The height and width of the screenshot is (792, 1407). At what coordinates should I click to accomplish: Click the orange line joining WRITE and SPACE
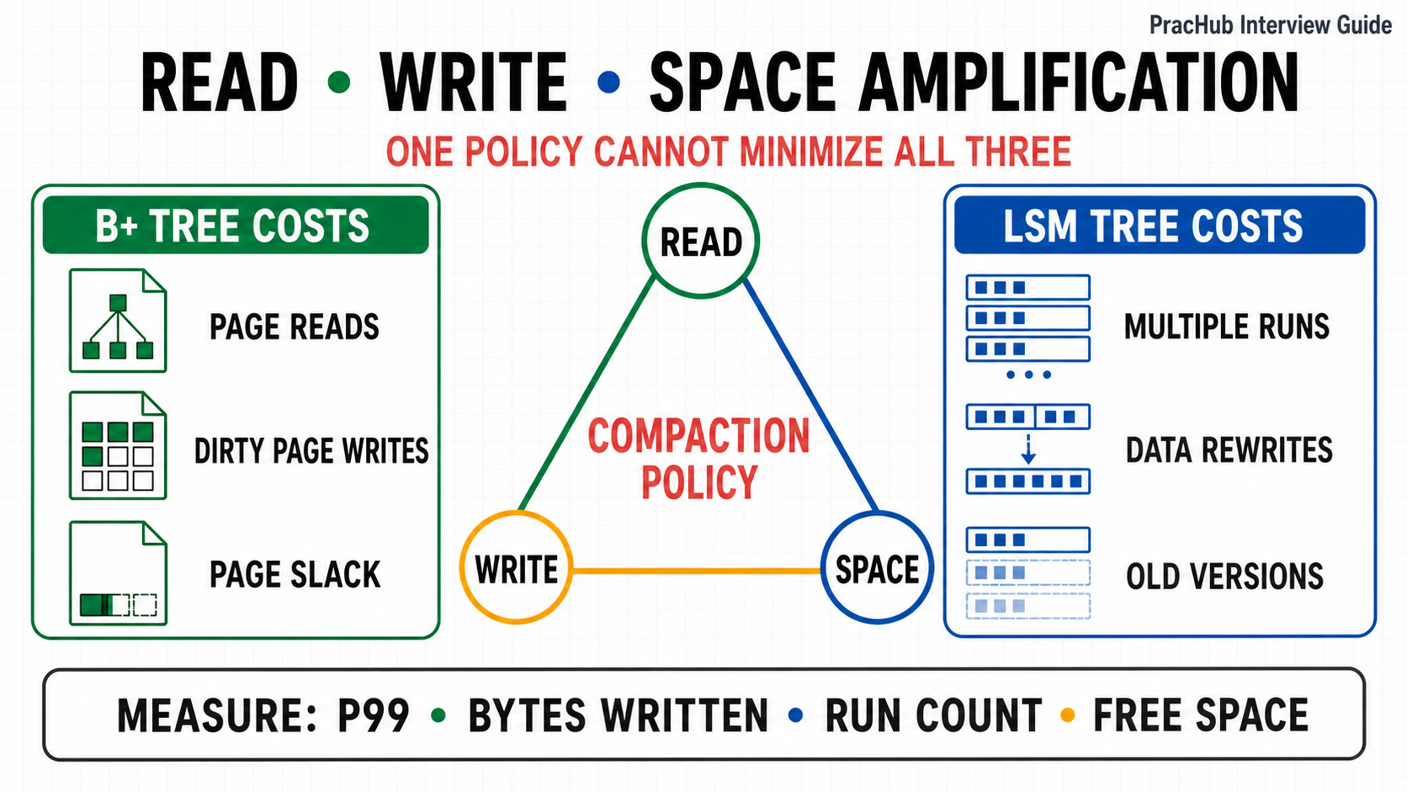point(697,571)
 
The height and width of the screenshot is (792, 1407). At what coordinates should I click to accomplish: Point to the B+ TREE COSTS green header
point(236,225)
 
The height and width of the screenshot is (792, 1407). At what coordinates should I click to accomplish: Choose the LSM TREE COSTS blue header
point(1160,225)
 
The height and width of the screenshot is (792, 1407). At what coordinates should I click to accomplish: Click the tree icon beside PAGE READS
point(118,321)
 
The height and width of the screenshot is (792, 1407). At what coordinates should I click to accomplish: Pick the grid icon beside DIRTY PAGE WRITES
point(118,445)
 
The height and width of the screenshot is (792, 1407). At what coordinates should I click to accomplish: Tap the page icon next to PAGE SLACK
point(118,573)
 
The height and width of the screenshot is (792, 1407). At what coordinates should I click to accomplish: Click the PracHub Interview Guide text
point(1270,25)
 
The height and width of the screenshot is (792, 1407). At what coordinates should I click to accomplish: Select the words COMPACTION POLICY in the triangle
point(699,459)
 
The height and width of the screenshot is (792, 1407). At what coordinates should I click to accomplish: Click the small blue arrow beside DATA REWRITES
point(1028,449)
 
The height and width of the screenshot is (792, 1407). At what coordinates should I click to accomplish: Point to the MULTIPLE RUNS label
point(1227,327)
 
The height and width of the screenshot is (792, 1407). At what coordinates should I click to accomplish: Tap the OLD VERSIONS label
point(1225,577)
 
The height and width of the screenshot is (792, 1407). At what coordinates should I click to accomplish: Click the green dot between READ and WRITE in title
point(339,82)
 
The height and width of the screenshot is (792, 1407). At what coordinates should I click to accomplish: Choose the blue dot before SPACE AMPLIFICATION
point(608,82)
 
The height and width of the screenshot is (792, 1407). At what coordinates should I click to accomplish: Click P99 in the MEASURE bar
point(374,715)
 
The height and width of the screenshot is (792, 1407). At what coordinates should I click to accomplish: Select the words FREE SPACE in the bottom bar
point(1201,715)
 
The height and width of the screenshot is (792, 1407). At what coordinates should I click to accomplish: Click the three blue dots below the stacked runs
point(1028,375)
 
